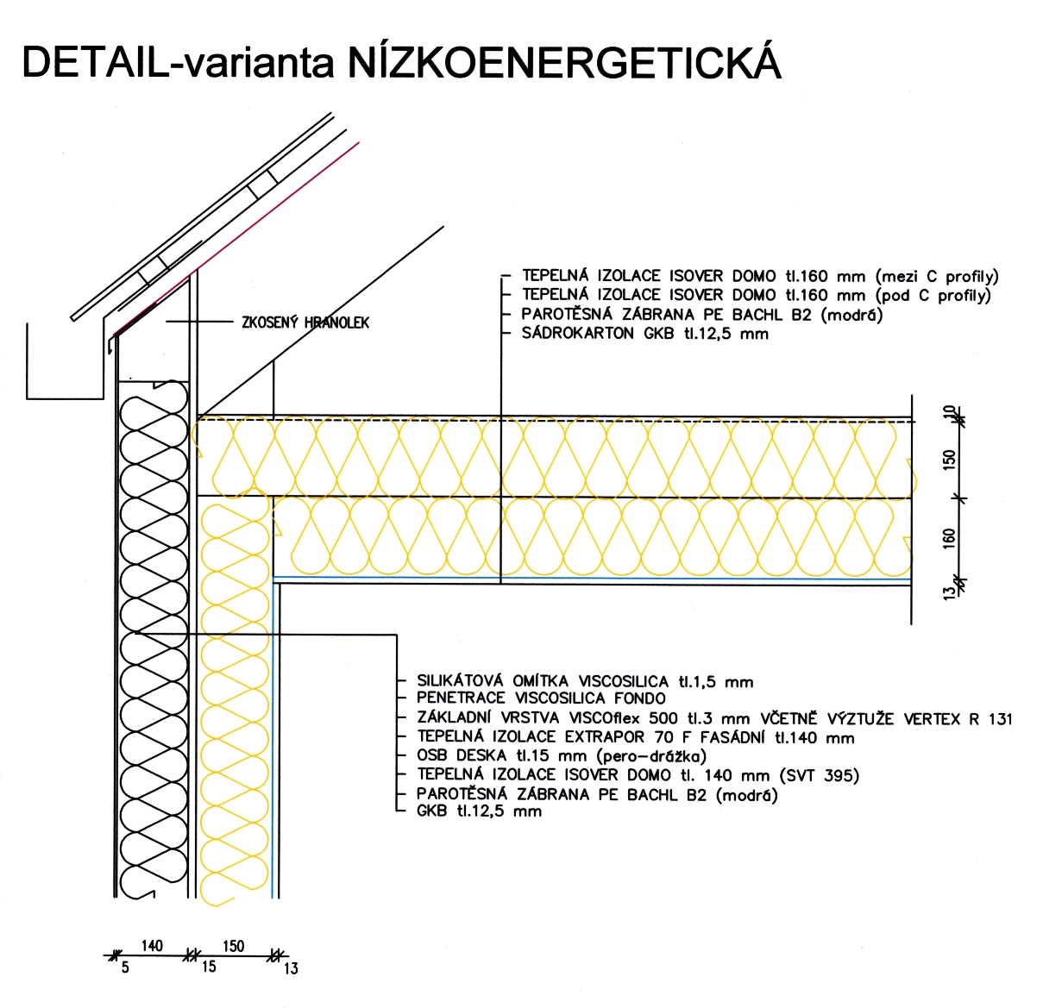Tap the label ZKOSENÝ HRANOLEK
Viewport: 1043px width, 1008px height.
tap(305, 322)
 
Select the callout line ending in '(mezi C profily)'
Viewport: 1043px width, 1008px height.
tap(761, 277)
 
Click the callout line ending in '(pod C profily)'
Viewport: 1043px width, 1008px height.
tap(757, 295)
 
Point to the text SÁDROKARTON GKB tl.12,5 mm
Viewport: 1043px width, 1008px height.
tap(645, 333)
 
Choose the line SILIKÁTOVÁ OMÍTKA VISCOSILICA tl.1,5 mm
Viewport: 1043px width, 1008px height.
tap(585, 682)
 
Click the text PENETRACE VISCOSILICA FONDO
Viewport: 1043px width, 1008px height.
tap(541, 698)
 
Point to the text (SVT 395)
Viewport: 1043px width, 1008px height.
tap(820, 775)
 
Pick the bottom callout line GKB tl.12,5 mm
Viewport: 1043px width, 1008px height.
tap(479, 811)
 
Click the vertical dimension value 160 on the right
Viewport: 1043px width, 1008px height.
tap(949, 538)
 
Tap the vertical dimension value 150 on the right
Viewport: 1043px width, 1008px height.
tap(949, 460)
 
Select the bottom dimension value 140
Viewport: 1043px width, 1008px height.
tap(152, 946)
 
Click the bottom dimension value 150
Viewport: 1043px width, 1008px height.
tap(233, 946)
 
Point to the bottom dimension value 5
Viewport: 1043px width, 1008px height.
tap(125, 967)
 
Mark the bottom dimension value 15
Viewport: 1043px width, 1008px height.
tap(209, 967)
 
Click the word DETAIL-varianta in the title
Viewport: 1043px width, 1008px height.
tap(178, 63)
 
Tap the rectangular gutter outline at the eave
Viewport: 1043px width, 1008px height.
tap(65, 399)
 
